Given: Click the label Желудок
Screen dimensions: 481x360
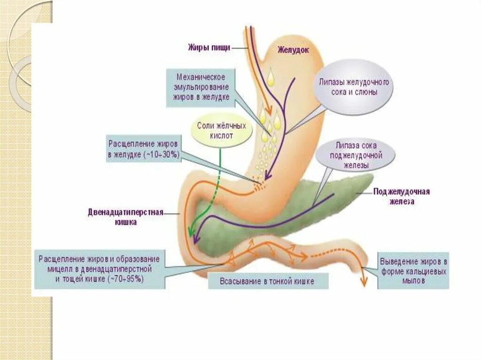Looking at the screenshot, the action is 293,50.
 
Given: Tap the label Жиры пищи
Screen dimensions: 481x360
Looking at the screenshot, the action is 209,47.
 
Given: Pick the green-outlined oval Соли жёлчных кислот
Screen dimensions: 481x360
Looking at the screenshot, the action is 221,131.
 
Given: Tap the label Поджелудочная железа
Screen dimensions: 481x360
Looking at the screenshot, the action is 401,197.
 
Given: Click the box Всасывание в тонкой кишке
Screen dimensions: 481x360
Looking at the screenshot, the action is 267,281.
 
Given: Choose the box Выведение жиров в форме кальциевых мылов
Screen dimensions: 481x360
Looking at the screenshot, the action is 413,271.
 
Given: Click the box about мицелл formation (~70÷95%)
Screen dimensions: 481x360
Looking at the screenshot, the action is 99,269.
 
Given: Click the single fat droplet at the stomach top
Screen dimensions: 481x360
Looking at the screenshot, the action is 271,77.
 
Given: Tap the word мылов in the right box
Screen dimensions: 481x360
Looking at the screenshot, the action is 413,281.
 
